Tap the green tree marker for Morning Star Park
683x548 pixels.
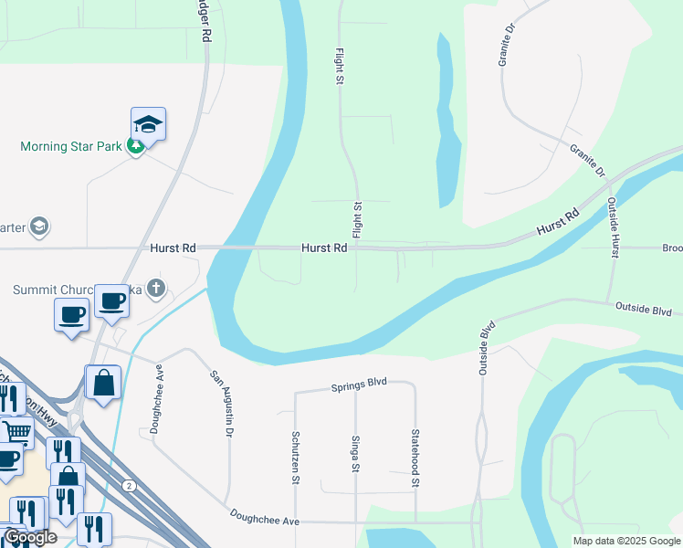tap(135, 146)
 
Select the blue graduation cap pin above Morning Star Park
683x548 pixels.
tap(148, 124)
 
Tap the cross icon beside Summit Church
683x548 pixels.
tap(156, 289)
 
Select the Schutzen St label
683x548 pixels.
tap(296, 452)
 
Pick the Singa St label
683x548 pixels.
tap(355, 453)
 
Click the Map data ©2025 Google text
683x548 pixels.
tap(625, 541)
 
